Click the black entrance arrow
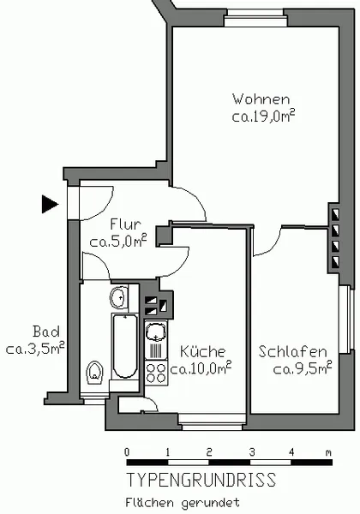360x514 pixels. click(50, 204)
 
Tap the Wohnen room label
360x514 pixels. click(261, 99)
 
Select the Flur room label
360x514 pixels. click(125, 224)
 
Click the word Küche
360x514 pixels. click(202, 351)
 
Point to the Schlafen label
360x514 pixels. click(292, 351)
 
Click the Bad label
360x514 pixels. click(46, 332)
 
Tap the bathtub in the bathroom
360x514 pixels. click(125, 346)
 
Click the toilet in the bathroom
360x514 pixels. click(94, 373)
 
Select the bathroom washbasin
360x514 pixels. click(118, 297)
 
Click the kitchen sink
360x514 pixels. click(156, 332)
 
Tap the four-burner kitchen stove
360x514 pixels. click(156, 373)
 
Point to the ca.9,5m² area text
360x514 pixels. click(303, 368)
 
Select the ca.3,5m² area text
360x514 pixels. click(35, 349)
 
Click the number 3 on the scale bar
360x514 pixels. click(251, 452)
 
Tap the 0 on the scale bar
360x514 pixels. click(127, 452)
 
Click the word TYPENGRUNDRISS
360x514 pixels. click(201, 480)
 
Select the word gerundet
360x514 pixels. click(210, 503)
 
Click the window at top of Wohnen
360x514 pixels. click(255, 17)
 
